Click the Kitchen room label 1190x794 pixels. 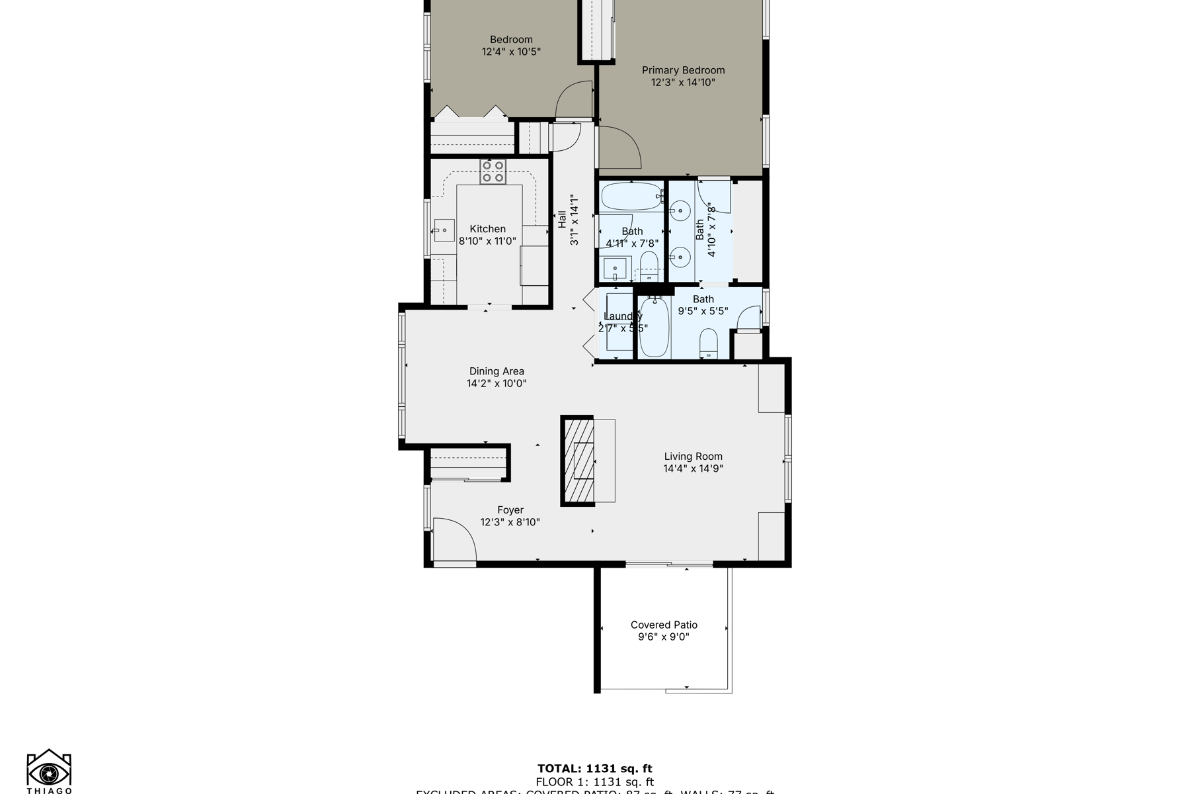[x=487, y=229]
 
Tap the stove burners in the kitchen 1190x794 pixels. [x=493, y=171]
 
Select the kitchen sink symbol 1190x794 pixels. [x=444, y=230]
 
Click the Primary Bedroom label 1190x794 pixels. [x=683, y=70]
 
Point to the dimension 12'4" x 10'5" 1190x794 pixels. [x=511, y=52]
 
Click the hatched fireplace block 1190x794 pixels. [x=578, y=461]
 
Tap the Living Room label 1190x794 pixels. [x=693, y=456]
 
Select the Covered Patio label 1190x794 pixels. [x=664, y=625]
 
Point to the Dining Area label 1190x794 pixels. [x=496, y=371]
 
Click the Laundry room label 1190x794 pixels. [x=623, y=316]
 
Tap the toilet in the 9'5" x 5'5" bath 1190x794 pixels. [x=708, y=343]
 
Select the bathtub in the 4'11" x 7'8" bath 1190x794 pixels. [x=631, y=197]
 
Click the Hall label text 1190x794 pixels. [x=561, y=220]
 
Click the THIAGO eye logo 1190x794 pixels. [x=49, y=771]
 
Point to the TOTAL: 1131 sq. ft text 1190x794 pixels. [x=594, y=768]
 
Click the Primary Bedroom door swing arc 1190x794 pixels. [x=620, y=148]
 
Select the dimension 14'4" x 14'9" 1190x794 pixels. [x=693, y=468]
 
